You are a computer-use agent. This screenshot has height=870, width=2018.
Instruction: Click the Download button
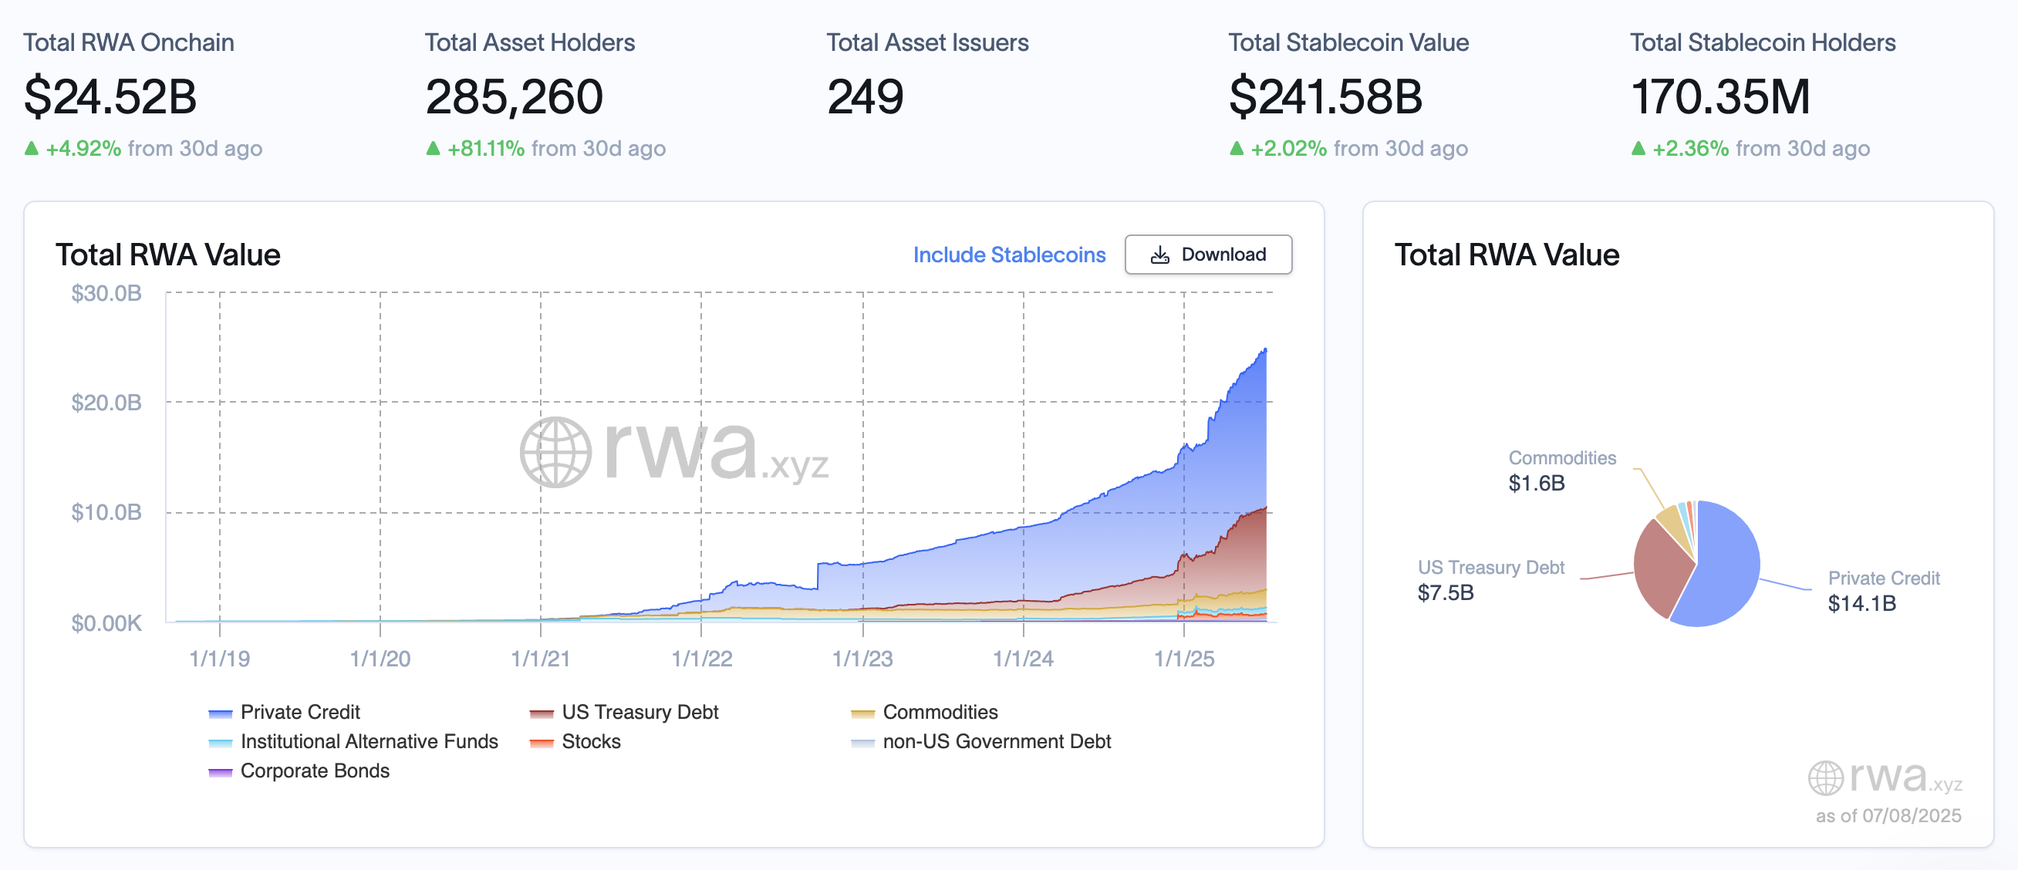click(1208, 255)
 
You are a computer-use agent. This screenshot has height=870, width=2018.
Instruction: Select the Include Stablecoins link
click(1009, 255)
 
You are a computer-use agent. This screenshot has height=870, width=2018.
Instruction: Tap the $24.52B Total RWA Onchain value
click(110, 97)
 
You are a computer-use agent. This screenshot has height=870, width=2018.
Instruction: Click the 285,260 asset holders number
click(514, 97)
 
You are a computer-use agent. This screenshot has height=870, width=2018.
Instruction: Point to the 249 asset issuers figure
click(865, 97)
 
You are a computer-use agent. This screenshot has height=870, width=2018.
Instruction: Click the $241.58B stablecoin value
click(1325, 97)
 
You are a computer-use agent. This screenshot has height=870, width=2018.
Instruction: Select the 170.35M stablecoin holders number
click(1720, 97)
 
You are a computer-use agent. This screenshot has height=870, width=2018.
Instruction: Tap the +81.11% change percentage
click(486, 149)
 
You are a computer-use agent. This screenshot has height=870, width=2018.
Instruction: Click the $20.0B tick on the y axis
click(106, 403)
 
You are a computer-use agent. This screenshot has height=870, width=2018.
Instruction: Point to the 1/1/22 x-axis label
click(701, 659)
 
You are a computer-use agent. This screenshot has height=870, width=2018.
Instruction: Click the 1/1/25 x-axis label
click(1183, 659)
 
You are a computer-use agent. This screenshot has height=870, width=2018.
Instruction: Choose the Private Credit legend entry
click(299, 712)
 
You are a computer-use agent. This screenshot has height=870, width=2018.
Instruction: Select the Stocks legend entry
click(590, 741)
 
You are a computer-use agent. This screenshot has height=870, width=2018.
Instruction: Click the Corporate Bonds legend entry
click(314, 771)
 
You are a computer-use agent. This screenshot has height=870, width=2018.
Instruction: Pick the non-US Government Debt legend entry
click(996, 741)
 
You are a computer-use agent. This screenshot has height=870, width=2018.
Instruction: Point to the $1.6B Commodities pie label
click(1536, 483)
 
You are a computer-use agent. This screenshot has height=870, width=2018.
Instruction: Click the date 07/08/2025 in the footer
click(1912, 816)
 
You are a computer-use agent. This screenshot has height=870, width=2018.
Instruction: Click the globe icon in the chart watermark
click(555, 452)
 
